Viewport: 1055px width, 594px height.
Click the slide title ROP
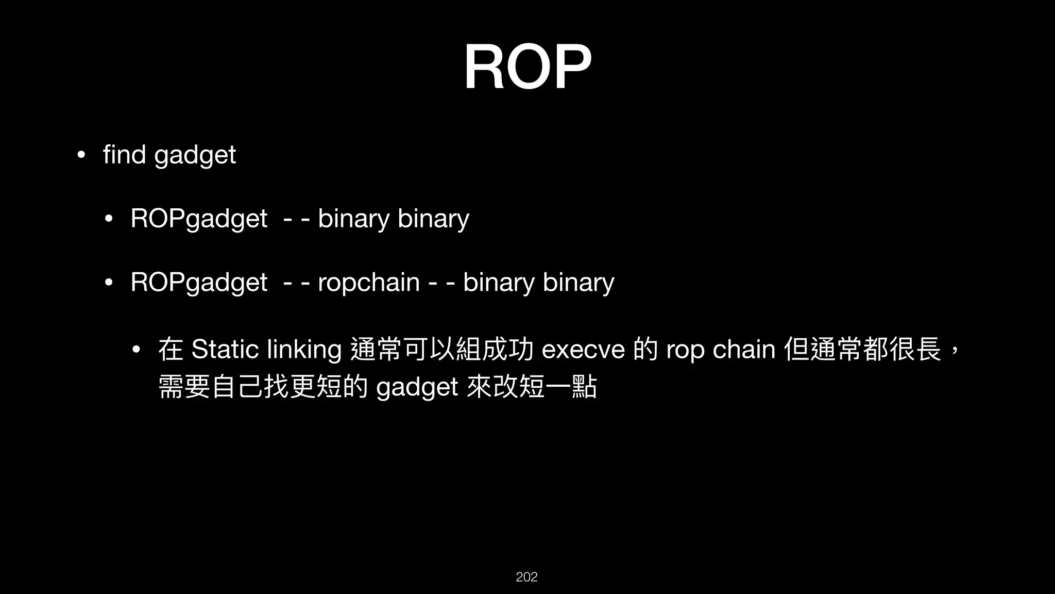point(527,68)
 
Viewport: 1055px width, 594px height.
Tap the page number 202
point(526,577)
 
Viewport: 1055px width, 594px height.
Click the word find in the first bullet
point(124,154)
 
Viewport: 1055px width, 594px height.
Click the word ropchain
point(369,283)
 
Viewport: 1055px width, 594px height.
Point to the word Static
point(225,350)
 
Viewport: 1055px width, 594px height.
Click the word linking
point(304,351)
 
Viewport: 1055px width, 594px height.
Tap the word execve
point(583,350)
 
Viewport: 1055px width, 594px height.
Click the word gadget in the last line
point(417,388)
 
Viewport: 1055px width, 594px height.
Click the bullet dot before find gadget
point(80,155)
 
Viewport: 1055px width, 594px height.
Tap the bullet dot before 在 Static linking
point(136,350)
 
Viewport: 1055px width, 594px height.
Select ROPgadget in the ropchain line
point(199,283)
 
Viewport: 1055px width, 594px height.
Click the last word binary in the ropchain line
point(578,283)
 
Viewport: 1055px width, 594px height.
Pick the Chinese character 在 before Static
point(171,350)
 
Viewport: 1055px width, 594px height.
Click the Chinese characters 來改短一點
point(531,387)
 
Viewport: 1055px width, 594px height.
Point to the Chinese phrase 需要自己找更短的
point(263,387)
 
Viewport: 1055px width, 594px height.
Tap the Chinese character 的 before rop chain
point(645,350)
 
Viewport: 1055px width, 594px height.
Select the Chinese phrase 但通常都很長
point(862,350)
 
